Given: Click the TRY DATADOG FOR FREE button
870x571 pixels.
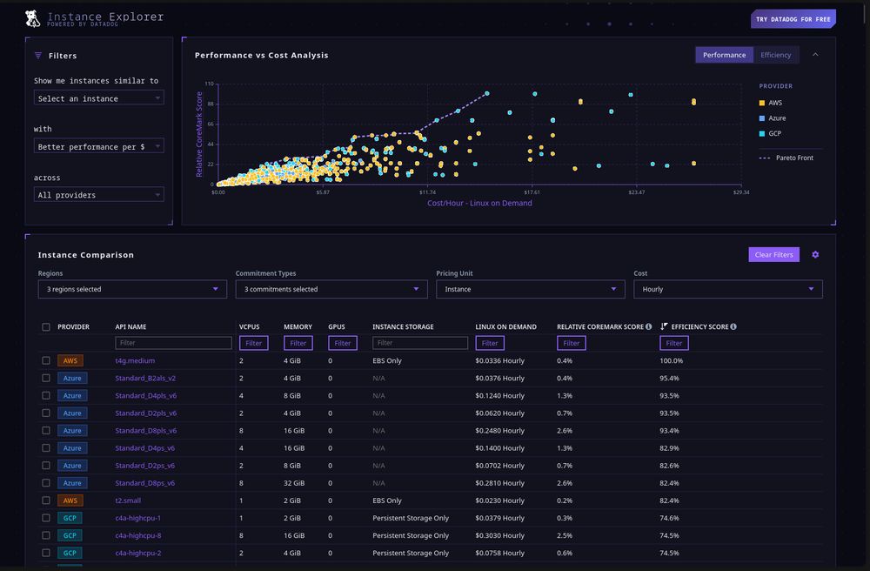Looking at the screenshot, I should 793,19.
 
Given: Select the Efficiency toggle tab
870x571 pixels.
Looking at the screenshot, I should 775,55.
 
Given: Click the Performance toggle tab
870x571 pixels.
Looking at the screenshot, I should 724,55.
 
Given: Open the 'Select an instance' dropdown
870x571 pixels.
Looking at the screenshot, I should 98,98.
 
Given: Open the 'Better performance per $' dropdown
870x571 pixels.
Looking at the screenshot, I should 98,147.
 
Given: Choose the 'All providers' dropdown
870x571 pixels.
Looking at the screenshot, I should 98,195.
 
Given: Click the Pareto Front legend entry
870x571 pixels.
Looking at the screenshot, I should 792,158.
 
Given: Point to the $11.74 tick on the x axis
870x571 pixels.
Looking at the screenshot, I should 427,192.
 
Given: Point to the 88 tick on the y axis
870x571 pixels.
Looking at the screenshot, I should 209,104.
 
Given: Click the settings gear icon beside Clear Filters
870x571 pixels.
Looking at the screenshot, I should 815,255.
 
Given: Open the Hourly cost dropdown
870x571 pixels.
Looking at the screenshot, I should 727,289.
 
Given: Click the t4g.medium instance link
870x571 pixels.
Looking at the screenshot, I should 135,360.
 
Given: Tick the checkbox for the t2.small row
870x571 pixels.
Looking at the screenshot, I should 46,500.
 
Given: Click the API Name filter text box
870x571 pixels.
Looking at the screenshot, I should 173,343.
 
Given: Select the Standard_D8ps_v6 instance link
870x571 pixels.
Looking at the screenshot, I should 145,483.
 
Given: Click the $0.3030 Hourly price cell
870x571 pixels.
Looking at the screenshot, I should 500,535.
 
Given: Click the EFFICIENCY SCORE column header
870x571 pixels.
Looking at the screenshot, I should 699,327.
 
